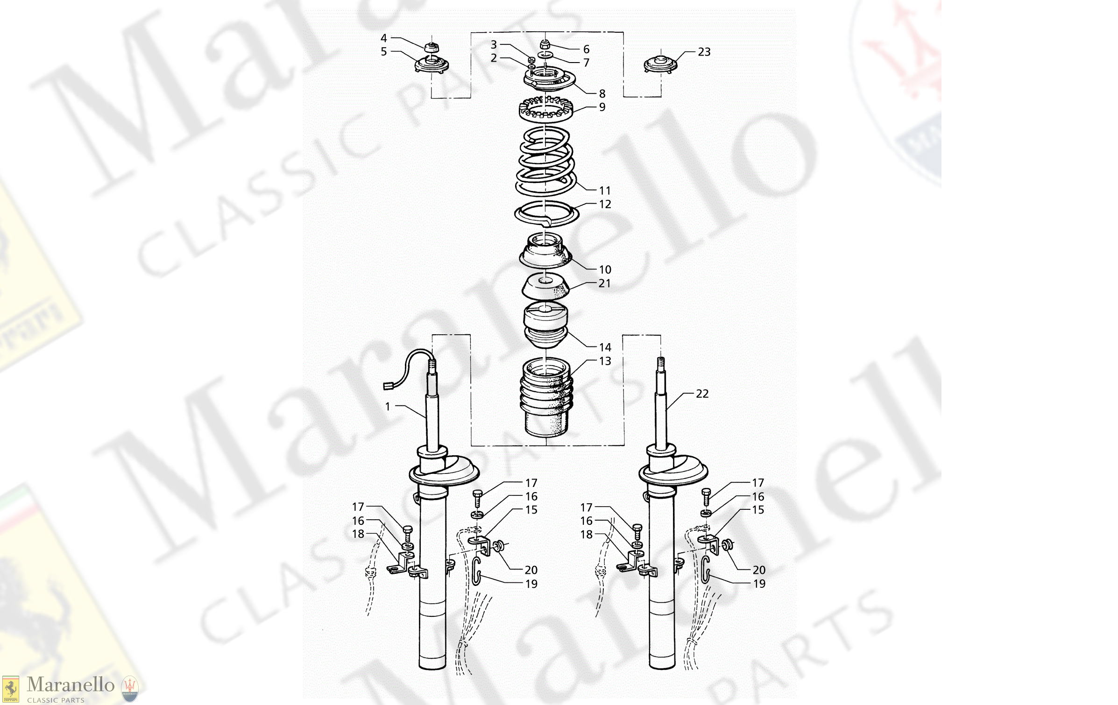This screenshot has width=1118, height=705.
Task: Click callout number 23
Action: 704,52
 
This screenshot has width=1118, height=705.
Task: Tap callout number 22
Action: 702,394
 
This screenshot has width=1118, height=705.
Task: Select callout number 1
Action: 388,407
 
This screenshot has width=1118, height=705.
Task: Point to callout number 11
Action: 605,190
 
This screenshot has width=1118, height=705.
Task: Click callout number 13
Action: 605,361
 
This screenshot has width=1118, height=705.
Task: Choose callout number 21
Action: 604,283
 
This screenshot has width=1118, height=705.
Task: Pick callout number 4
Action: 384,38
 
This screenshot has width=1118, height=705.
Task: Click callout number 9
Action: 602,107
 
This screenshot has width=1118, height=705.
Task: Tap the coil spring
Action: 545,161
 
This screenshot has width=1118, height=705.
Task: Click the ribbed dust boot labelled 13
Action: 545,397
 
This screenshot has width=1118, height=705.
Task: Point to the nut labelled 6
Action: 544,45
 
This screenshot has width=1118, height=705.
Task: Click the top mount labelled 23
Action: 660,64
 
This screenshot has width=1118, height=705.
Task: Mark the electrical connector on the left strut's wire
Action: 388,386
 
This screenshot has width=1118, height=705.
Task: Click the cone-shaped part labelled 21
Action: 545,287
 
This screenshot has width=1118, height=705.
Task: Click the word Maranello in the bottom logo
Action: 71,684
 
